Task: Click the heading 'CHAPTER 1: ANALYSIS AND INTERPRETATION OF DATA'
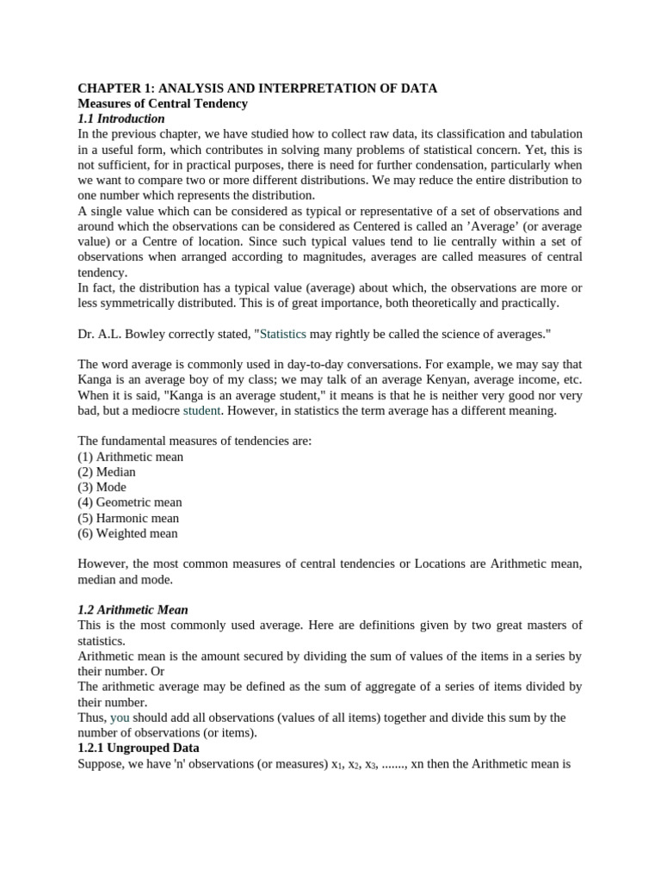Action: click(x=257, y=88)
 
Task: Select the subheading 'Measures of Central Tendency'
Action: click(x=163, y=103)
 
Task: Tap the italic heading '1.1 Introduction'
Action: click(x=120, y=119)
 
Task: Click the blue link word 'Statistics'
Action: click(x=282, y=334)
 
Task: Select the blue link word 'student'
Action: click(x=201, y=410)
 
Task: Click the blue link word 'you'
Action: click(x=119, y=718)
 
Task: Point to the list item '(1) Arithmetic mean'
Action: click(x=130, y=457)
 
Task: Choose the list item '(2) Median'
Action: click(x=107, y=472)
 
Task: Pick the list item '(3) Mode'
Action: click(x=102, y=487)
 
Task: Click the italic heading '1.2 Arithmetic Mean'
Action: click(x=133, y=610)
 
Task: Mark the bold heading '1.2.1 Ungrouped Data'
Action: click(x=139, y=749)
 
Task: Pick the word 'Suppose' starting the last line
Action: click(x=102, y=764)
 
